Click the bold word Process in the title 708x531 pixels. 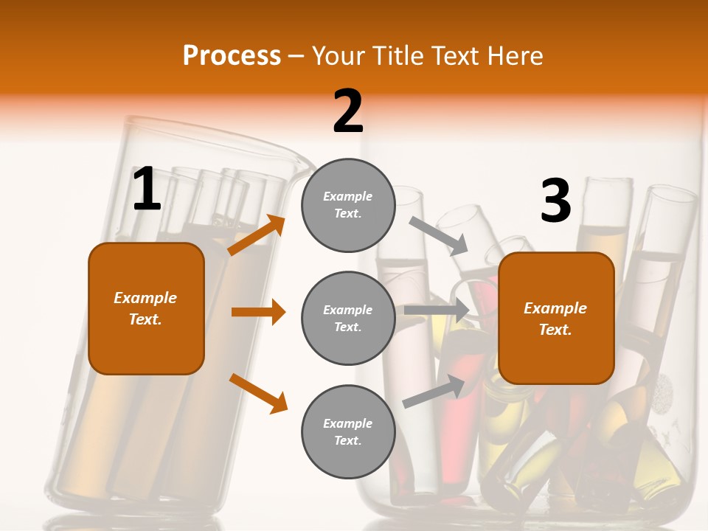pyautogui.click(x=232, y=56)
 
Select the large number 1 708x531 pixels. pyautogui.click(x=147, y=190)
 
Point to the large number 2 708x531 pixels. pyautogui.click(x=348, y=111)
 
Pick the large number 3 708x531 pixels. pyautogui.click(x=555, y=201)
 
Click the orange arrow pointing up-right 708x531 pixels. pyautogui.click(x=257, y=235)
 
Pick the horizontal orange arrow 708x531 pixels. pyautogui.click(x=258, y=312)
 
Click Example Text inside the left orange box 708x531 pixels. pyautogui.click(x=145, y=308)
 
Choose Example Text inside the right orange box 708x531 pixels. pyautogui.click(x=555, y=319)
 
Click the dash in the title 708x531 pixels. pyautogui.click(x=296, y=57)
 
